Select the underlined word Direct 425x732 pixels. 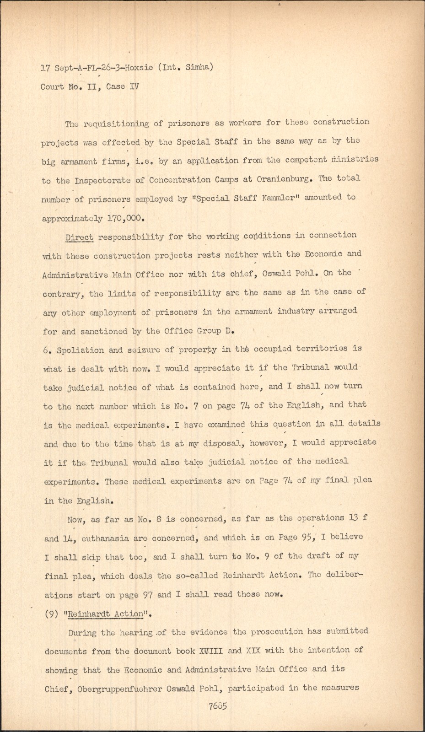click(x=80, y=237)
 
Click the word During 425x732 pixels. click(x=82, y=633)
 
